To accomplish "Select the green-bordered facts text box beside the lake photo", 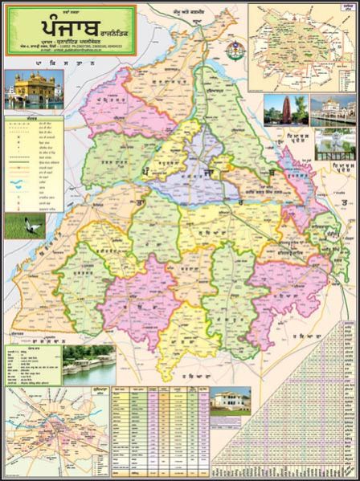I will pyautogui.click(x=31, y=365).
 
